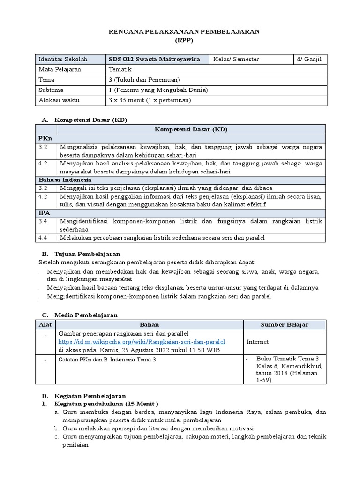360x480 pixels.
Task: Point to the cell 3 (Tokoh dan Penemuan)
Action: point(143,80)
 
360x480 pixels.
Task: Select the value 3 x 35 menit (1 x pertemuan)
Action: point(150,100)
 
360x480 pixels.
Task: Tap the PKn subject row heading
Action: point(45,139)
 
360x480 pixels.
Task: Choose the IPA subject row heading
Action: point(45,213)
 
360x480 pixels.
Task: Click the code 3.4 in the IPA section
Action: point(44,220)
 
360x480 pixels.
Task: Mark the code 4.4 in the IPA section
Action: point(44,238)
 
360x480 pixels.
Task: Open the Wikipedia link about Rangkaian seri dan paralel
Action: point(142,342)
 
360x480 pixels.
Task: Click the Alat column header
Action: point(45,324)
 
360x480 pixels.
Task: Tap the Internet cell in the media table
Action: point(258,342)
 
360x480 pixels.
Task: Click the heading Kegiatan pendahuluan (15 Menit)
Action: point(107,404)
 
